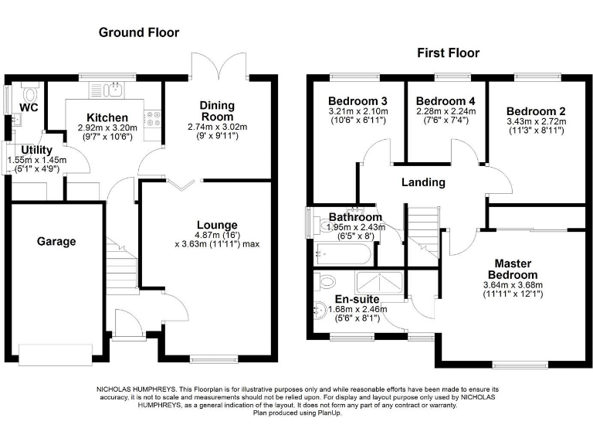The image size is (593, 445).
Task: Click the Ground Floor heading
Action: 139,32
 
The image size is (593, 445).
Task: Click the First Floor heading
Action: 448,53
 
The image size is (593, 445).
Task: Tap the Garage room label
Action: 56,241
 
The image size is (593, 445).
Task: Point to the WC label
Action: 29,107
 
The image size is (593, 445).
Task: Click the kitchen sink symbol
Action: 115,89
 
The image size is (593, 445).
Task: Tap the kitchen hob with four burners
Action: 152,118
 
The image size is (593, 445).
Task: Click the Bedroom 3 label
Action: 357,101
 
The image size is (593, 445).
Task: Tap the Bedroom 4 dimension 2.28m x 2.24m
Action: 446,111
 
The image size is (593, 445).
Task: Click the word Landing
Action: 423,182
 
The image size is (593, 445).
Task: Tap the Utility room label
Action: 36,150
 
